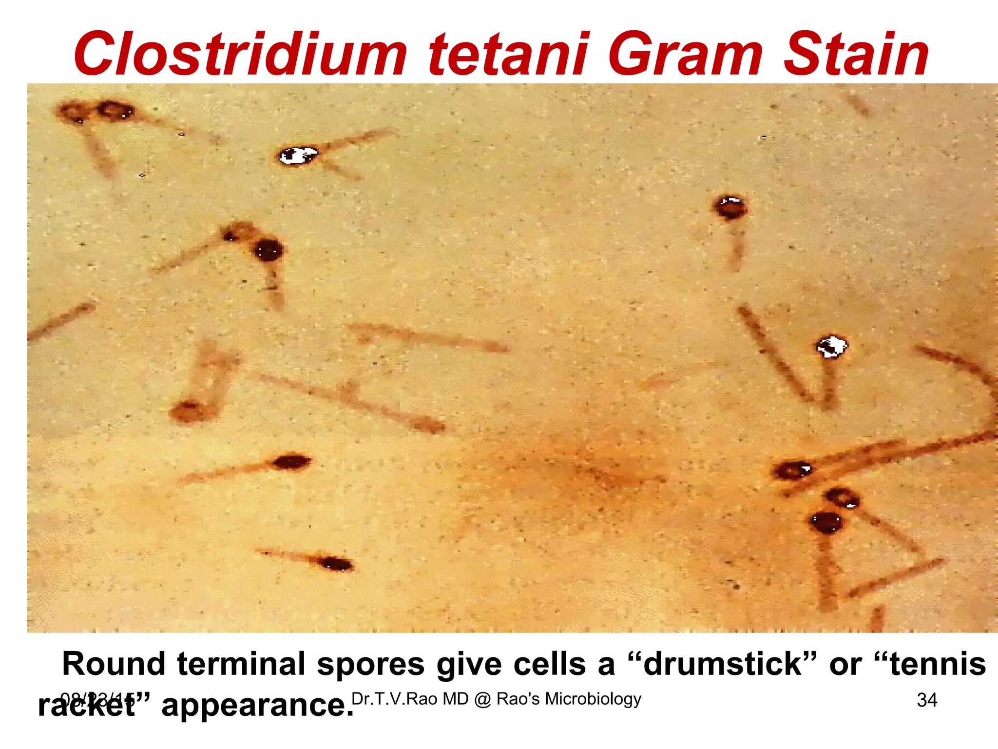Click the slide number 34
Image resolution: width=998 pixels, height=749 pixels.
(927, 700)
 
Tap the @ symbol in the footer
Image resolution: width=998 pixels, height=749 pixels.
(482, 699)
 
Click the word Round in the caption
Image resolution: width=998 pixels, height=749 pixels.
(114, 664)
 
